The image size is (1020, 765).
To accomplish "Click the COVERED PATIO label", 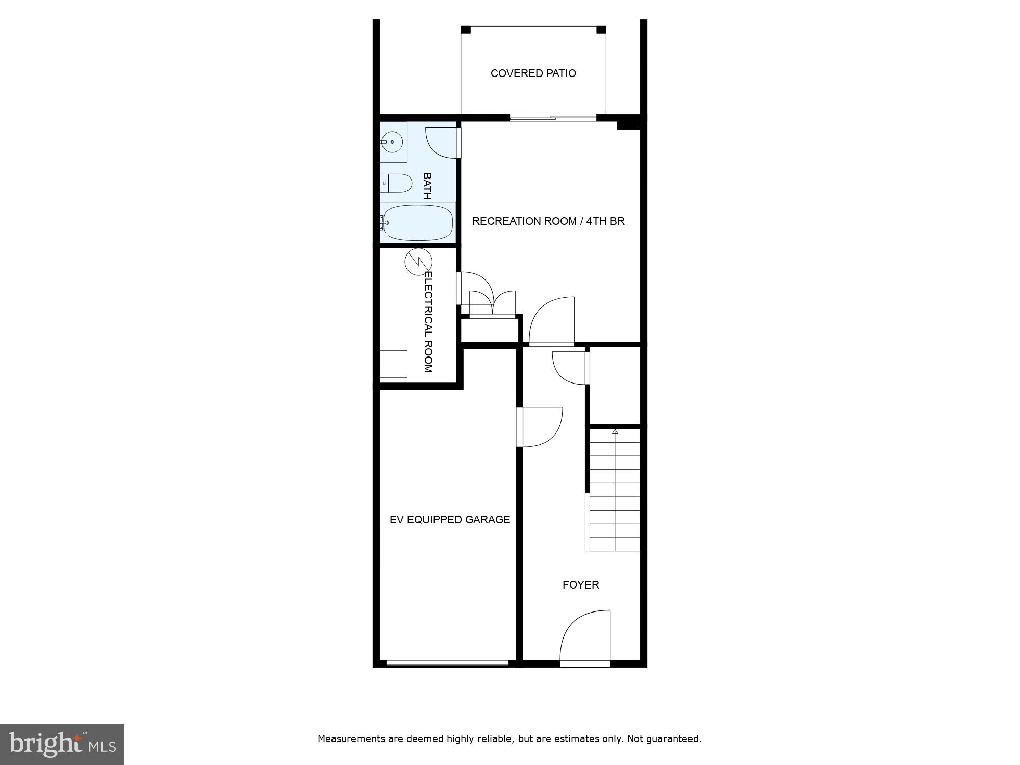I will (533, 73).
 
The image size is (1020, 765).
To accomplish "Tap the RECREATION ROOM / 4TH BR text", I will (548, 221).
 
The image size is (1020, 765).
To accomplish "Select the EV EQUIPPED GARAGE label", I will (449, 520).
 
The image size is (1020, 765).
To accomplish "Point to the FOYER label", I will (580, 585).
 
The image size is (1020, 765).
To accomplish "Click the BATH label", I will (427, 186).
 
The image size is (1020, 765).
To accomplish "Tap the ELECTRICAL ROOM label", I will (428, 322).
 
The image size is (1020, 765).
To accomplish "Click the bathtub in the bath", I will (418, 223).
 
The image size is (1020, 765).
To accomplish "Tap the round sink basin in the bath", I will (392, 142).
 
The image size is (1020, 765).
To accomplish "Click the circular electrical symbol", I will (418, 262).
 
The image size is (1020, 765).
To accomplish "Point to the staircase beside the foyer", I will (615, 490).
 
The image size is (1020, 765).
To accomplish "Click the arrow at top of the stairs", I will (615, 432).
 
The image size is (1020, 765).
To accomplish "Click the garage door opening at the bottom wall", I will (447, 664).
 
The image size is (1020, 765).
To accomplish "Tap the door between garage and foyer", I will (540, 427).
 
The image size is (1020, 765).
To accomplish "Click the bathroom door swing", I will (442, 143).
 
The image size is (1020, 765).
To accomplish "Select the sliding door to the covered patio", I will (553, 118).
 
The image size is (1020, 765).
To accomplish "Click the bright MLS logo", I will (62, 744).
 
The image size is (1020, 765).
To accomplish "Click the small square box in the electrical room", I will (393, 364).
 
